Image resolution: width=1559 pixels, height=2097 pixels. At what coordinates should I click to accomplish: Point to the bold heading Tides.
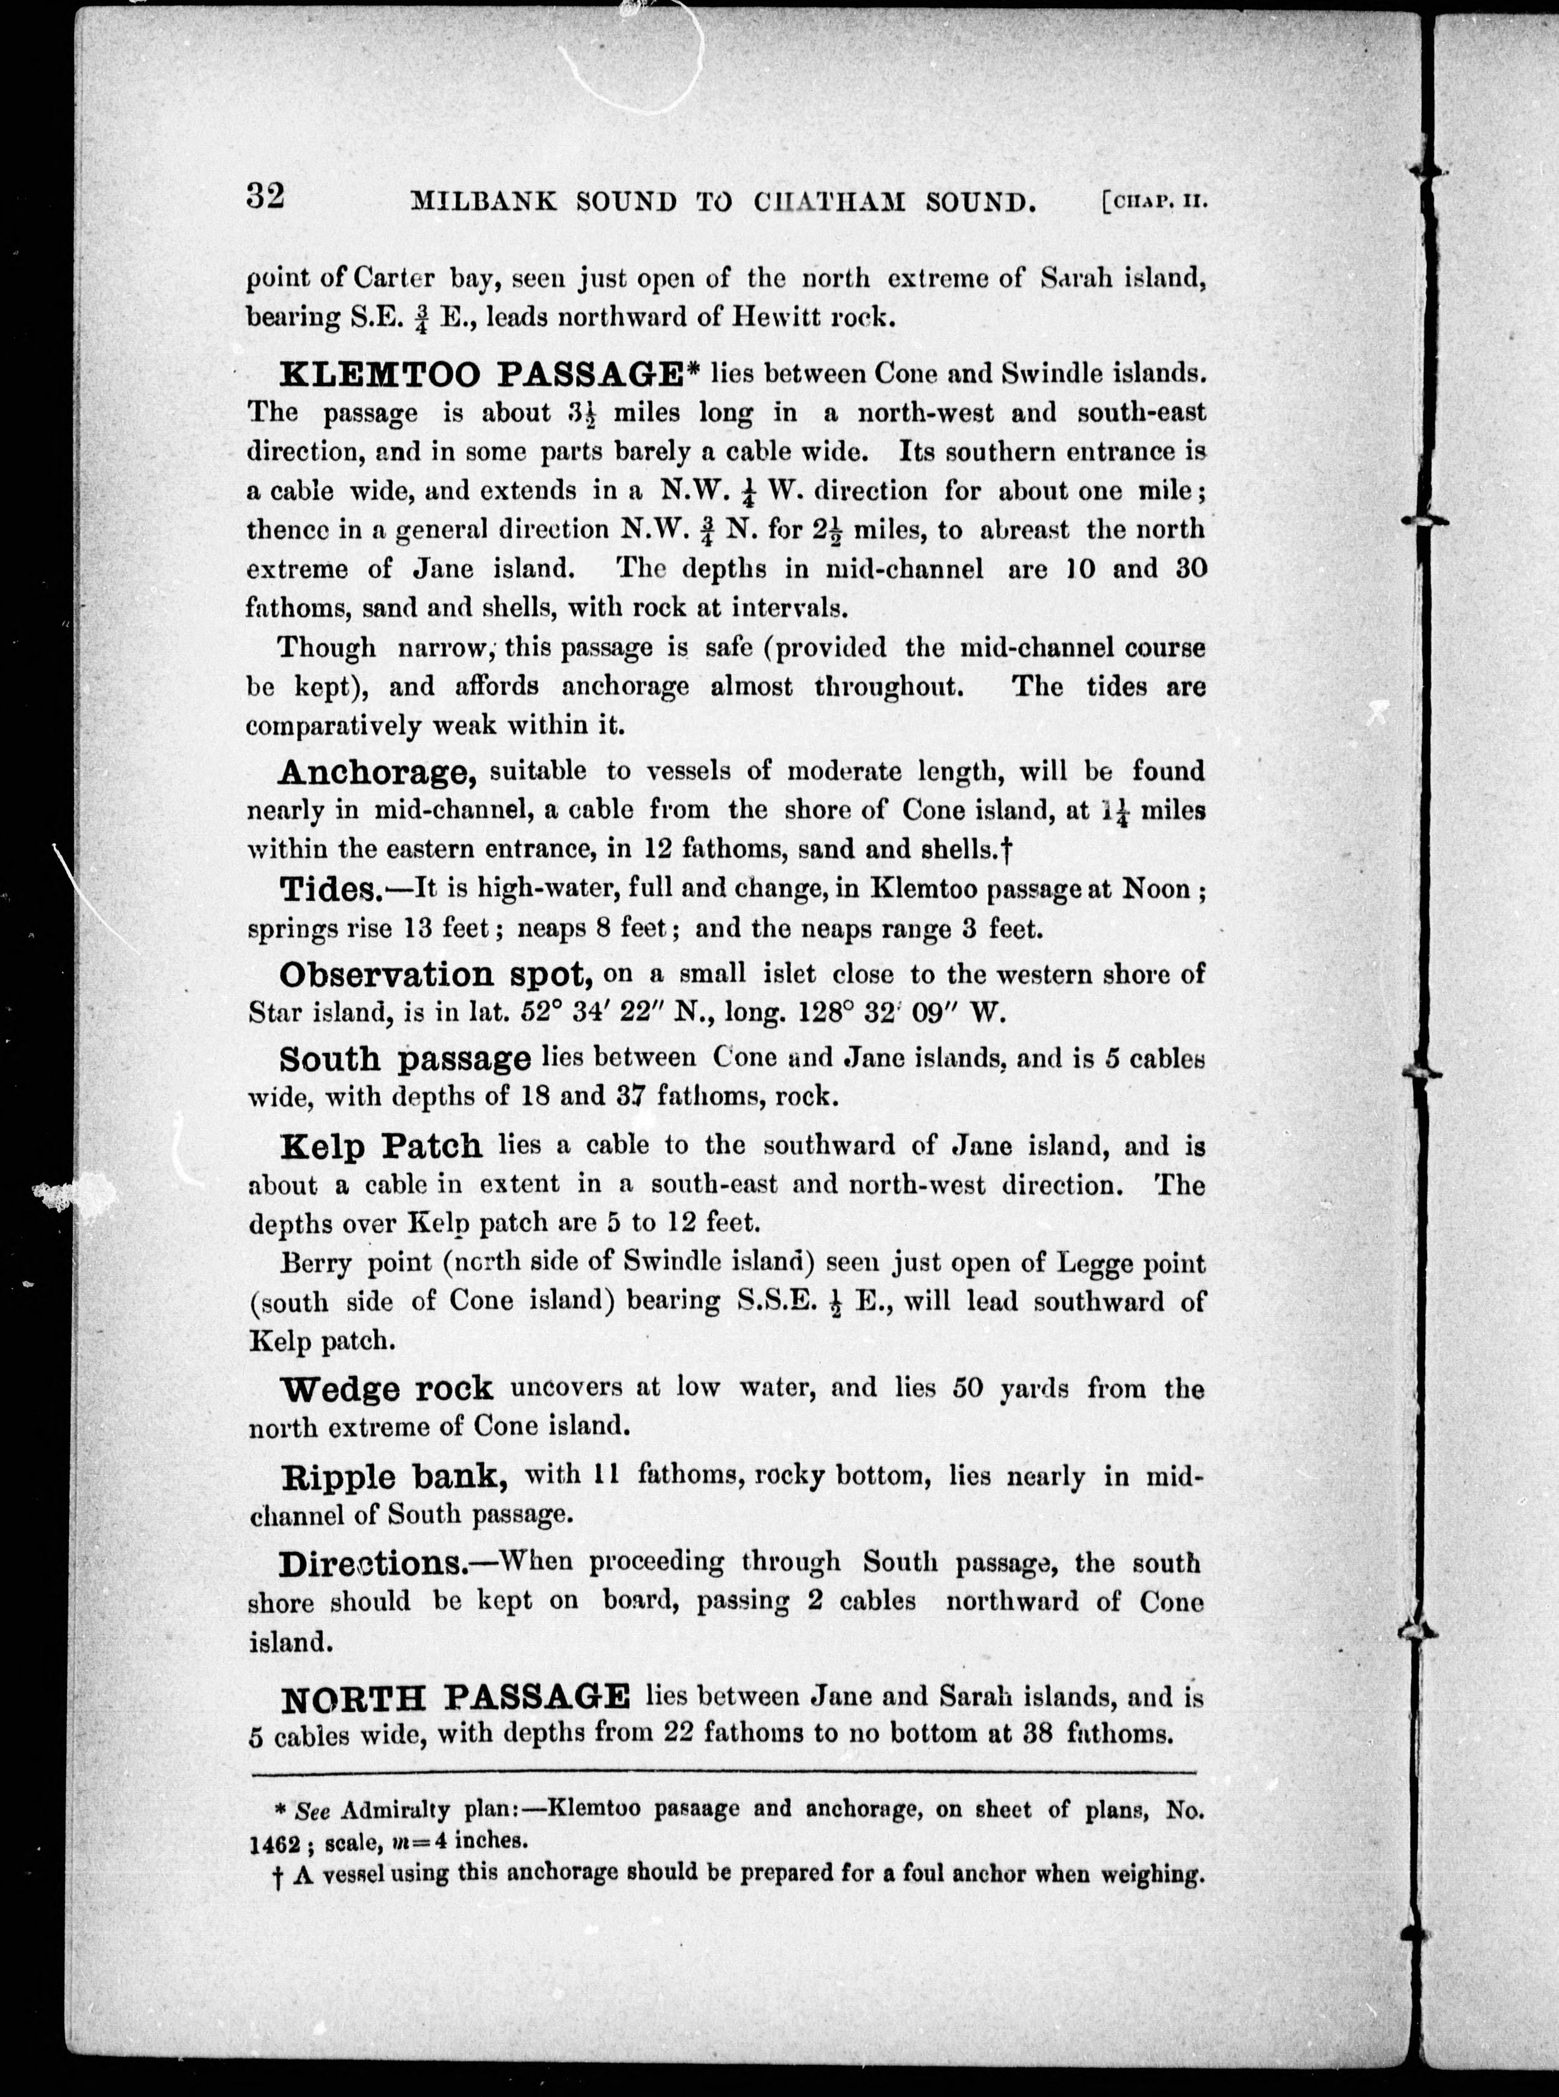point(327,890)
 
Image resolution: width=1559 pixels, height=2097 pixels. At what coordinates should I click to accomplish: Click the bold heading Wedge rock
point(387,1388)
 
